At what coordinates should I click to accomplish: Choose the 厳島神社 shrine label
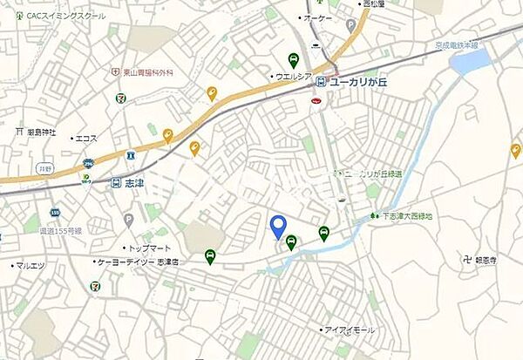(40, 132)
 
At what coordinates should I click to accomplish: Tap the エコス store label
(86, 137)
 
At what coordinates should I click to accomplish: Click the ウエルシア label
(293, 77)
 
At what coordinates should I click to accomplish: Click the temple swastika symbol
(470, 258)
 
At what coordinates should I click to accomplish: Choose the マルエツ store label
(33, 265)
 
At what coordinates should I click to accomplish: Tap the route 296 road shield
(88, 162)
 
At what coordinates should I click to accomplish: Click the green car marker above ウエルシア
(293, 60)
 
